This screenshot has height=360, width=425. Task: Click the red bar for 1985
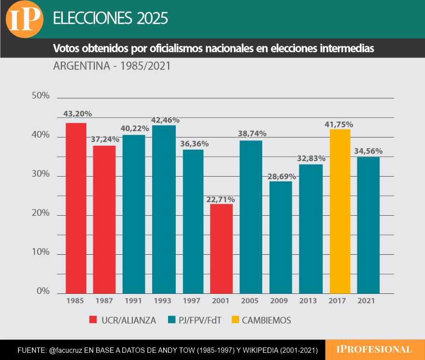(76, 208)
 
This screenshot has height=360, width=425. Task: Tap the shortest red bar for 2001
(222, 249)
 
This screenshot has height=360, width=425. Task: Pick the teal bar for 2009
(281, 237)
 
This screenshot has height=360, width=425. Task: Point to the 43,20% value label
(77, 114)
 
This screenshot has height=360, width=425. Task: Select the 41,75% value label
(339, 125)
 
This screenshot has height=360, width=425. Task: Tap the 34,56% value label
(368, 152)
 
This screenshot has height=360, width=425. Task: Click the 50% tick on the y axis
(40, 96)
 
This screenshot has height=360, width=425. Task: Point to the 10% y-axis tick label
(40, 252)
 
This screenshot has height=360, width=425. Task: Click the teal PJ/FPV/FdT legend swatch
(171, 319)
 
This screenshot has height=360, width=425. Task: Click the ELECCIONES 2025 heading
(110, 18)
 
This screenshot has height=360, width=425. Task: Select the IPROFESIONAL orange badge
(375, 349)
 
